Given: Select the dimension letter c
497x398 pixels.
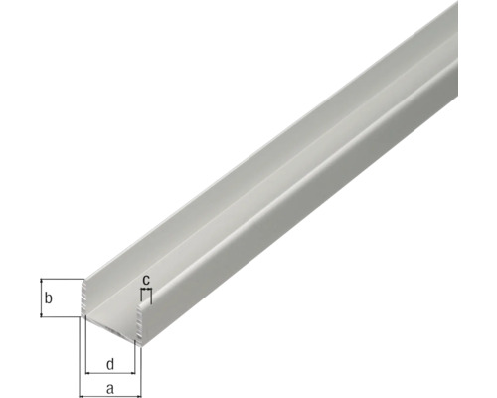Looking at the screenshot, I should pyautogui.click(x=146, y=281).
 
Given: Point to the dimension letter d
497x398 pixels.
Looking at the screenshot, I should pyautogui.click(x=110, y=362).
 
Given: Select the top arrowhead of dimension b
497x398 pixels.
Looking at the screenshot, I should pyautogui.click(x=41, y=282).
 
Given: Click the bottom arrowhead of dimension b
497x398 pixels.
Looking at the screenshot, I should pyautogui.click(x=41, y=314).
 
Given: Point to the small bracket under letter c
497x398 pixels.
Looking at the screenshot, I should pyautogui.click(x=146, y=292).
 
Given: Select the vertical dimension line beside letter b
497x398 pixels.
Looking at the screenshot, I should pyautogui.click(x=41, y=298).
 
